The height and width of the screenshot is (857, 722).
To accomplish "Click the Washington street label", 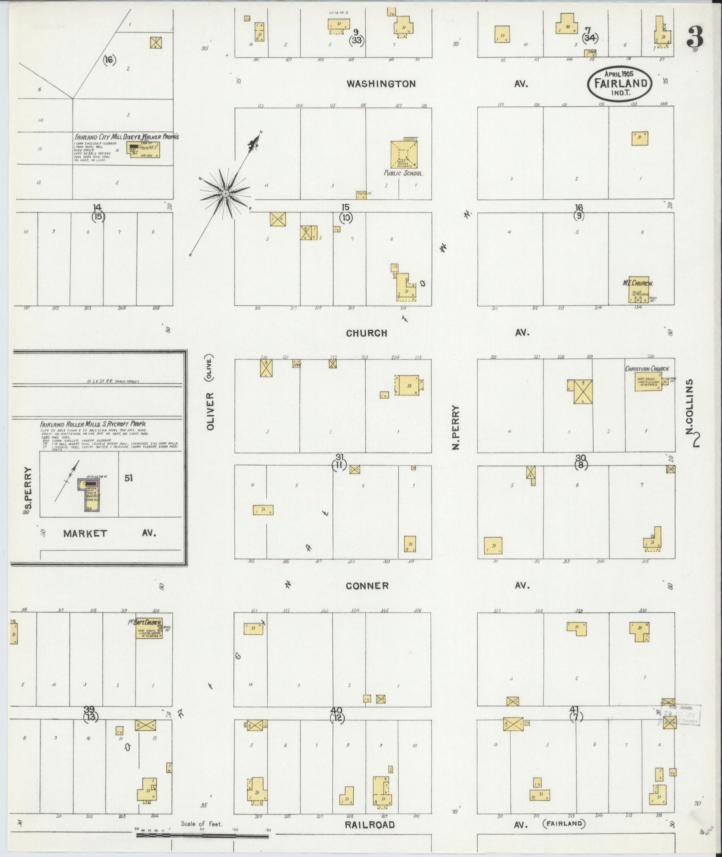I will [x=381, y=84].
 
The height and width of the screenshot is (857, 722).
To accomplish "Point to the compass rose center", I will [x=225, y=193].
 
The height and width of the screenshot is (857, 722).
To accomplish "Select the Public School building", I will [x=404, y=153].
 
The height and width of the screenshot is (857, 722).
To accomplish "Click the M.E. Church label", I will [x=638, y=283].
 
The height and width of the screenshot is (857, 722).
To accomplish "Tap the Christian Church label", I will [x=647, y=369].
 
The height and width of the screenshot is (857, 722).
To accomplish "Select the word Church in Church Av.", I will [x=366, y=333].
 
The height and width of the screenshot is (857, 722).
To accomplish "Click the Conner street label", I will [x=367, y=585].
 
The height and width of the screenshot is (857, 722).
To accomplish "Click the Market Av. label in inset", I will [x=85, y=533].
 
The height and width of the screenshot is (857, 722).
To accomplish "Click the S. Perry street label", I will [x=28, y=491].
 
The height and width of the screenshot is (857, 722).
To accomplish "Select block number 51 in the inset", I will [x=128, y=478].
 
